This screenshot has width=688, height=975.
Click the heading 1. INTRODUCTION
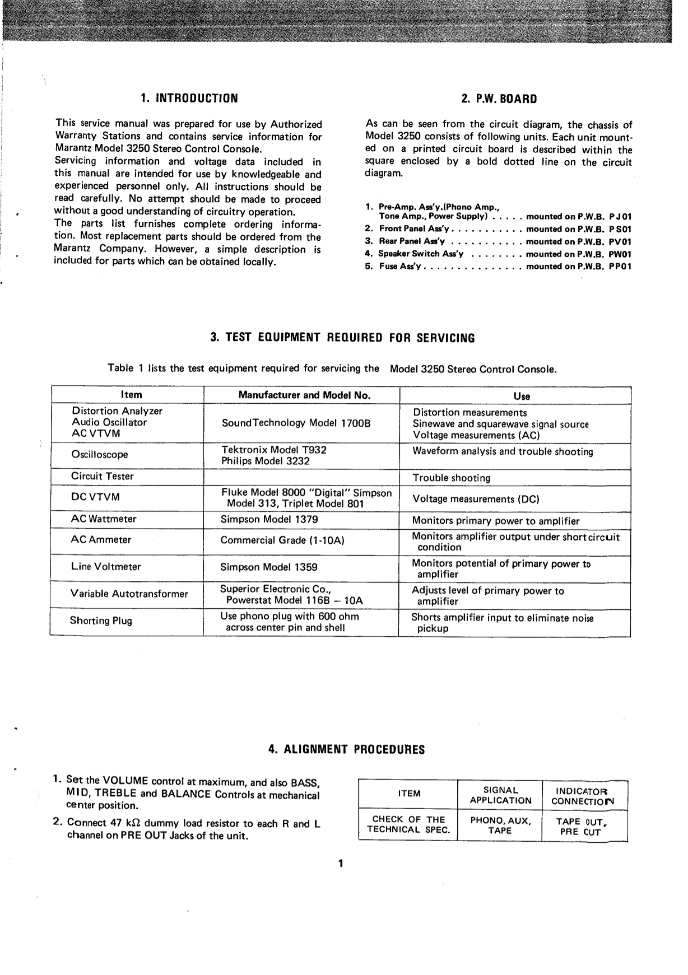pyautogui.click(x=189, y=99)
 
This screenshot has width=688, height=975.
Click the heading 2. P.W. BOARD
pyautogui.click(x=499, y=99)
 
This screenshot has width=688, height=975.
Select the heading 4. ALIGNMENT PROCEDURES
pyautogui.click(x=346, y=749)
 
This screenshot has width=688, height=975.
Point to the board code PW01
pyautogui.click(x=620, y=254)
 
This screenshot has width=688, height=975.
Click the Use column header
pyautogui.click(x=521, y=396)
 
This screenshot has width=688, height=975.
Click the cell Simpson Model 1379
pyautogui.click(x=269, y=519)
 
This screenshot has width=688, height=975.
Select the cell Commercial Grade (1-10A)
pyautogui.click(x=282, y=540)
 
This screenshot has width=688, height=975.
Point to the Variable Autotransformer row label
pyautogui.click(x=129, y=594)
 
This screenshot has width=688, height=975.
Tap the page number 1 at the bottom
pyautogui.click(x=340, y=863)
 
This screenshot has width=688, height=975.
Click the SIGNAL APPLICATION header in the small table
pyautogui.click(x=500, y=795)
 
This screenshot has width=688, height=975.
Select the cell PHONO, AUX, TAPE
pyautogui.click(x=500, y=825)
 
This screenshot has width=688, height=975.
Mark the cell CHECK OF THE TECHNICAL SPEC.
pyautogui.click(x=408, y=825)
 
